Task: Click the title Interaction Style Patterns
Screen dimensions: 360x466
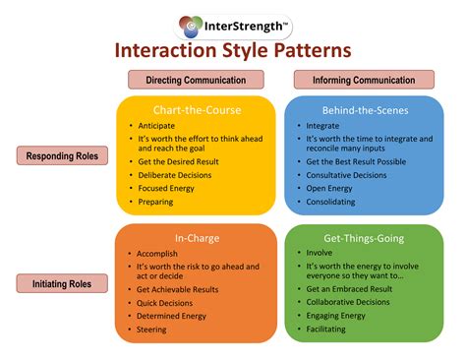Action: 233,51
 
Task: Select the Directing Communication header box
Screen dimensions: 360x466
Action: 196,81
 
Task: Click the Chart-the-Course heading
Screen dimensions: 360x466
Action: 195,109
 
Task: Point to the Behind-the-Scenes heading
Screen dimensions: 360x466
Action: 364,109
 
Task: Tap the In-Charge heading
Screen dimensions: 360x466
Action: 195,237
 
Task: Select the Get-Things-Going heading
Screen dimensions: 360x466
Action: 364,237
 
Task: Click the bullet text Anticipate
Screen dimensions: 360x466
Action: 157,125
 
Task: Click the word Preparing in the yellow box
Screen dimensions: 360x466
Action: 155,202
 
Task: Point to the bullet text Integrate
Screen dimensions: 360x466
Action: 322,125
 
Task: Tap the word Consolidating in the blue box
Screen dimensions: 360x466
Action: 332,202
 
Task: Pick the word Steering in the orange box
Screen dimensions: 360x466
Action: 153,331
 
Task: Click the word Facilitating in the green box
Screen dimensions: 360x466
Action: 328,331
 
